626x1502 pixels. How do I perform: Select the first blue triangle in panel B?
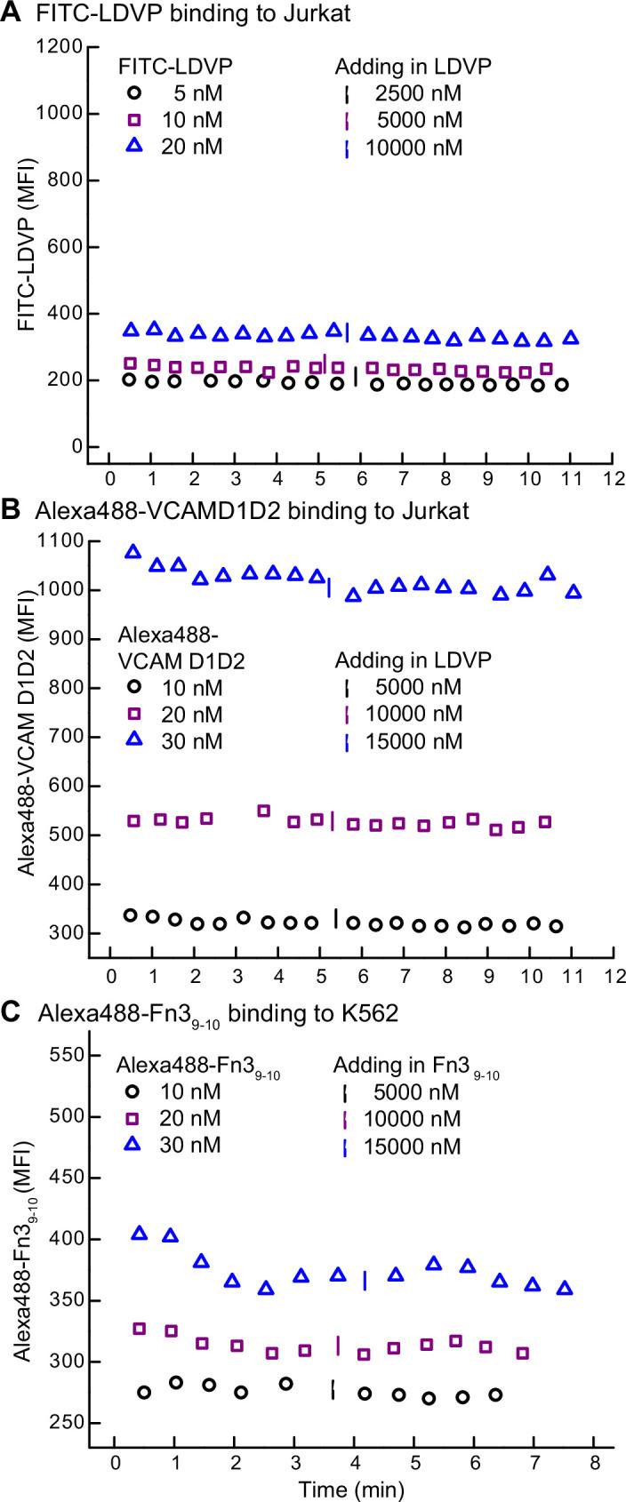(133, 552)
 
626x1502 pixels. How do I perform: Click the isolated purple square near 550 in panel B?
(263, 811)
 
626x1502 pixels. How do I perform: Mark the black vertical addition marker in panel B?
(335, 916)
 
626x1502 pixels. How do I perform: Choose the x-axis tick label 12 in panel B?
(612, 973)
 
